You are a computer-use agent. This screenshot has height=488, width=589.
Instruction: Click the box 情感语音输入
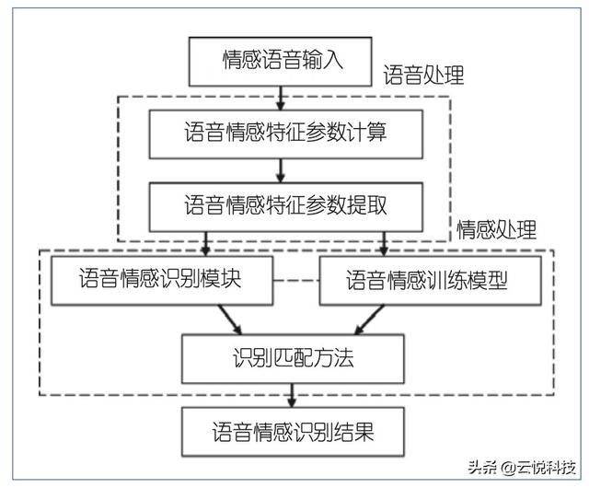tap(283, 62)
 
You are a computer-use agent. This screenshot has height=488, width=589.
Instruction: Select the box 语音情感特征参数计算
tap(283, 134)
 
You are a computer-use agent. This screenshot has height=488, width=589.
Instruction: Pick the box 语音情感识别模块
tap(161, 280)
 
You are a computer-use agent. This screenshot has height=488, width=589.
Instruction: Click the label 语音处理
tap(423, 76)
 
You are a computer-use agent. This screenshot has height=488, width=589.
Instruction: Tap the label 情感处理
tap(497, 228)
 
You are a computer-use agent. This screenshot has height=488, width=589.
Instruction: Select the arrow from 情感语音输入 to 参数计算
tap(281, 98)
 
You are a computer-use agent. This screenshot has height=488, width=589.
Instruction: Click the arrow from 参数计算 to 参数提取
tap(281, 169)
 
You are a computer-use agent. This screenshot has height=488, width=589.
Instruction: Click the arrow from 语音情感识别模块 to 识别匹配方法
tap(230, 319)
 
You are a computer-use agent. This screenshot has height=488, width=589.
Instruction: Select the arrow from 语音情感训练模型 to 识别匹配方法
tap(367, 319)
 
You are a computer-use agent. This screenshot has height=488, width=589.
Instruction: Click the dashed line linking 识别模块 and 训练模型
tap(295, 280)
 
